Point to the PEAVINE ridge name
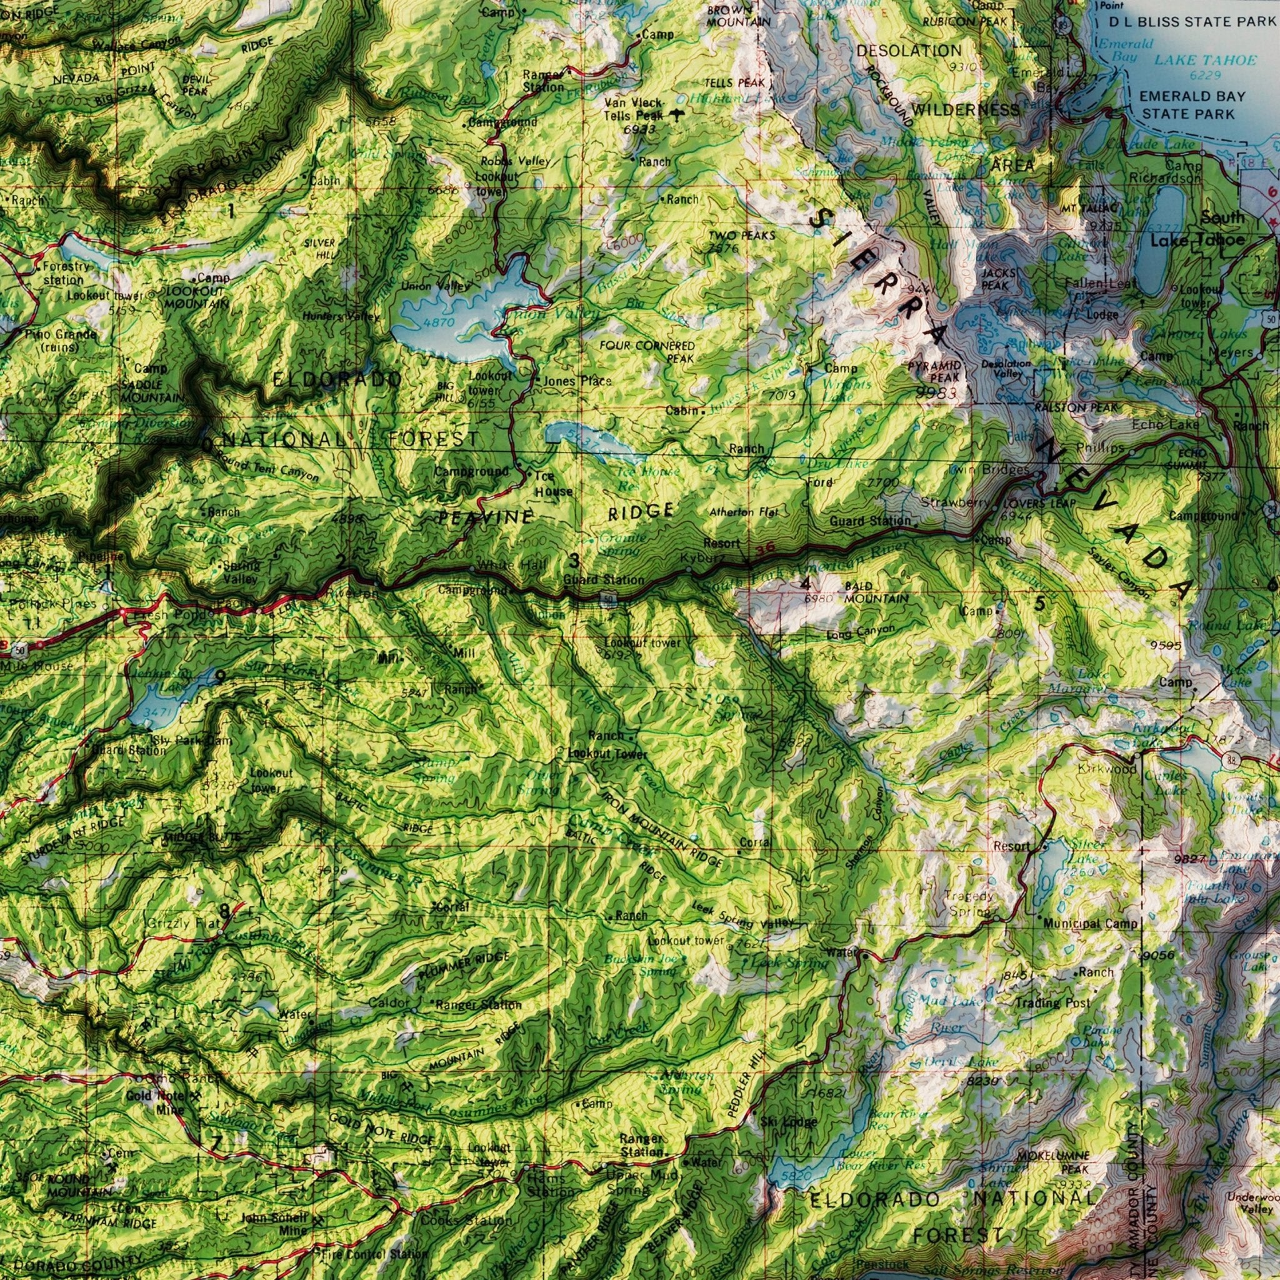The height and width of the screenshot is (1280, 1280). [486, 517]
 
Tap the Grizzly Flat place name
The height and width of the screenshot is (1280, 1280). [177, 923]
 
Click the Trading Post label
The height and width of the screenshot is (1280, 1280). [1052, 1003]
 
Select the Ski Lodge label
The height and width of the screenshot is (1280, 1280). [788, 1122]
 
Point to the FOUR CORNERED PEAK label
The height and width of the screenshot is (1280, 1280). [647, 352]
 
